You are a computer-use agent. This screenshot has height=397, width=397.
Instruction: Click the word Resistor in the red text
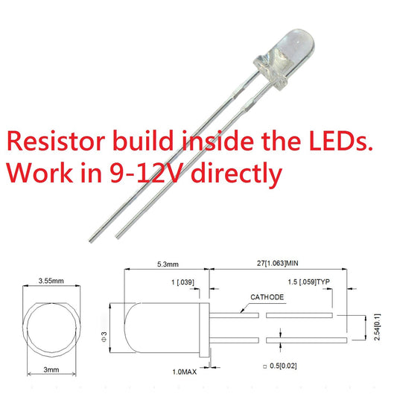point(56,141)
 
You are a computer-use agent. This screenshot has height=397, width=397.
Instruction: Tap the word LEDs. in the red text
point(341,141)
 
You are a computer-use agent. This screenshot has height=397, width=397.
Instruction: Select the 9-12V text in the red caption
point(146,173)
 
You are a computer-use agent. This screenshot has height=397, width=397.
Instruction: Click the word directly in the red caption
point(236,174)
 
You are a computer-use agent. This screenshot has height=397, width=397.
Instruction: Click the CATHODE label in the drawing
point(267,297)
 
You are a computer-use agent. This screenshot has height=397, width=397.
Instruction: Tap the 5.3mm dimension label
point(168,264)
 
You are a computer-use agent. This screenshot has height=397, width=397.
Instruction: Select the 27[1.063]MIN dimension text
point(278,264)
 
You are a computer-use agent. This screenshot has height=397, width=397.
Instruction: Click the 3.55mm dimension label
point(51,281)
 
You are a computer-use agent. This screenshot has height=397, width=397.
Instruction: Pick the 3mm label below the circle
point(51,369)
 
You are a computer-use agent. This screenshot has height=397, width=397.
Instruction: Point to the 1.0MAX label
point(184,372)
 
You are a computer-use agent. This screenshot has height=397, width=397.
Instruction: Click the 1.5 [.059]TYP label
point(309,282)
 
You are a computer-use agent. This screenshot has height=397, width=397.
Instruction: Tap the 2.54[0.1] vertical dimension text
point(377,327)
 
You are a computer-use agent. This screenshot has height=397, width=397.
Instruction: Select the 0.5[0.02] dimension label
point(283,366)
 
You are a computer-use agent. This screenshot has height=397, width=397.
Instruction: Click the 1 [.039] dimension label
point(182,282)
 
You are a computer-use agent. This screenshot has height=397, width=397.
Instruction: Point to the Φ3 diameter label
point(104,337)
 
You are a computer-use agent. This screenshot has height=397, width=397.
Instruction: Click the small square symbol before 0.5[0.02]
point(265,366)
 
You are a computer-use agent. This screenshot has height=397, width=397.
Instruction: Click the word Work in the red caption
point(40,173)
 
